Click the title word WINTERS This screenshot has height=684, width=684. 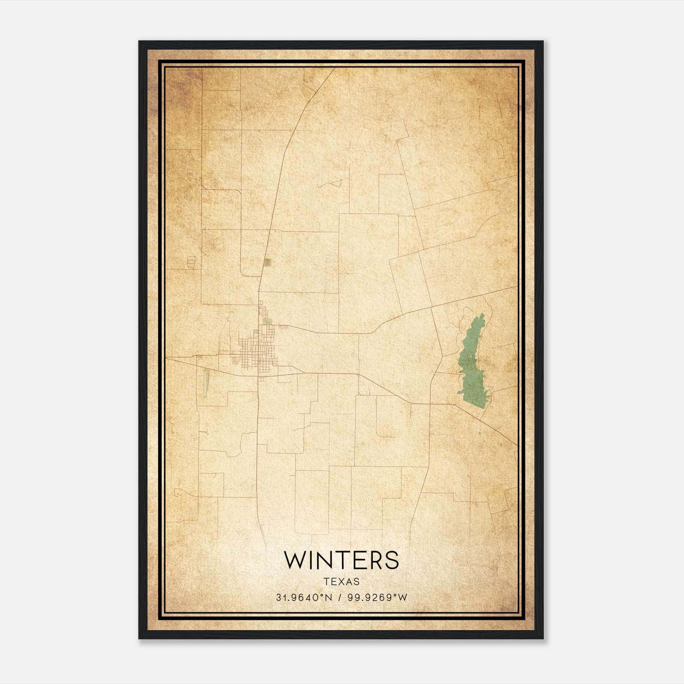point(341,560)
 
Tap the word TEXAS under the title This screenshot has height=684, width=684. point(341,581)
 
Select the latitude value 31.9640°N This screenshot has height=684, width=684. point(304,598)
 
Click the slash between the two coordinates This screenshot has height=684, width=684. point(340,598)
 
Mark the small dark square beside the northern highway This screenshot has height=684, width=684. point(267,262)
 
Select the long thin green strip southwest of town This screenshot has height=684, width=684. point(206,383)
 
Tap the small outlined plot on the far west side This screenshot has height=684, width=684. point(191,262)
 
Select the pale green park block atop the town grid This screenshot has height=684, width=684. point(267,321)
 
